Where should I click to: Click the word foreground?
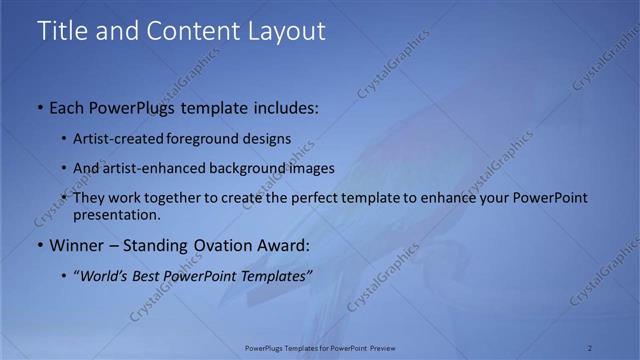point(203,139)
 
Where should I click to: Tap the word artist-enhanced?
point(152,168)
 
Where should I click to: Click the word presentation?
point(116,214)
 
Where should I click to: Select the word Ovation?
point(222,245)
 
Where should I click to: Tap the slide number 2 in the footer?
point(590,347)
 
